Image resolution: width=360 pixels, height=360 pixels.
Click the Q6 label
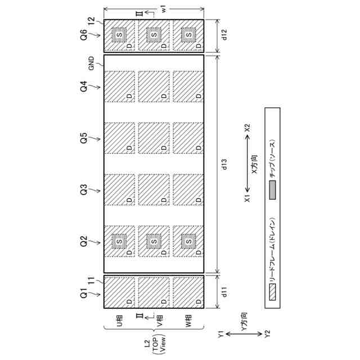pyautogui.click(x=83, y=35)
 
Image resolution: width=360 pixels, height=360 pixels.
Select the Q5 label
pyautogui.click(x=83, y=138)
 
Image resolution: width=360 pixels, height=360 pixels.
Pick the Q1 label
pyautogui.click(x=83, y=292)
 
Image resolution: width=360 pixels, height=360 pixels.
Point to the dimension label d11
pyautogui.click(x=224, y=292)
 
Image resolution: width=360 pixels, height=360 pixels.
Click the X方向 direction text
pyautogui.click(x=254, y=166)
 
